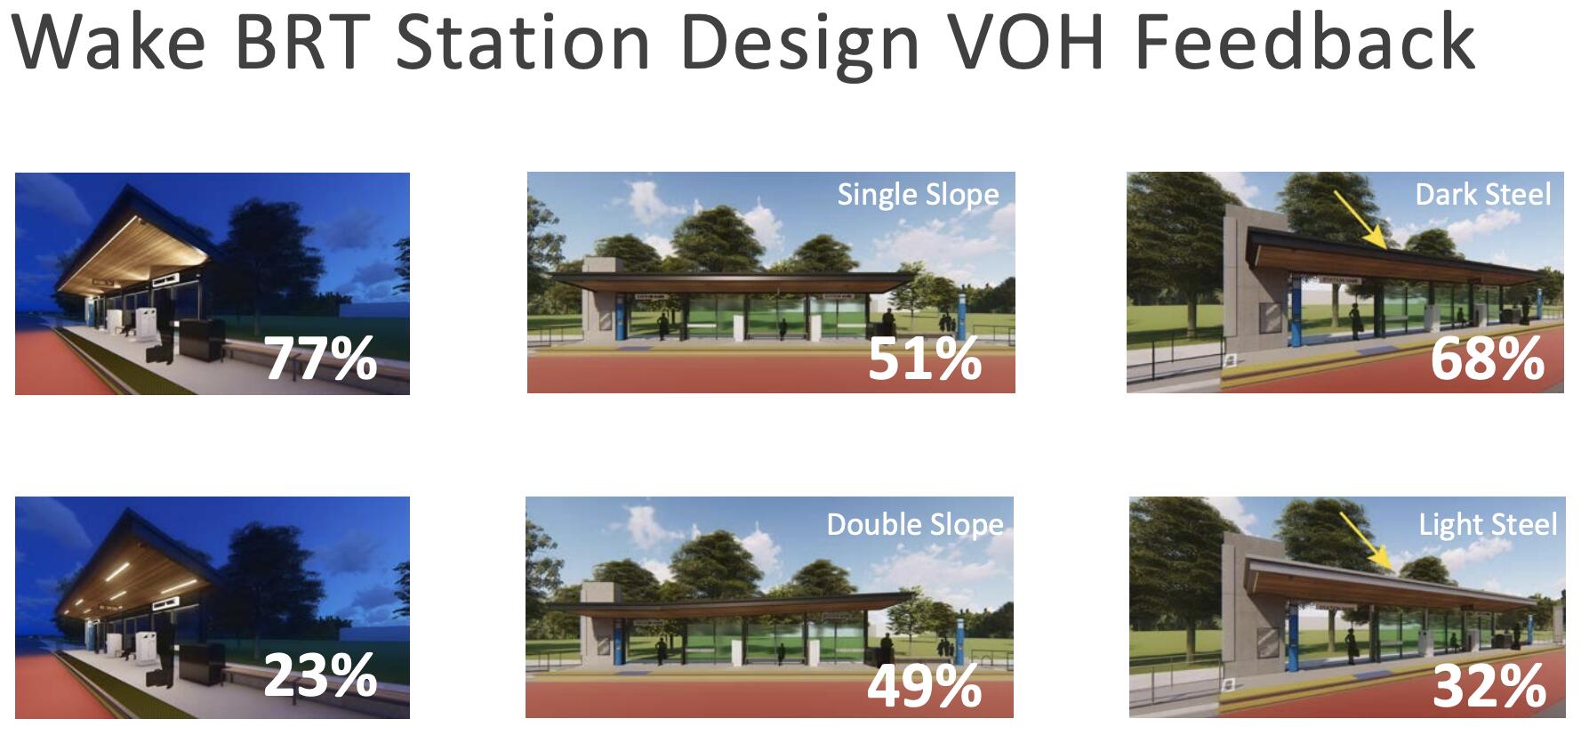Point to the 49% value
pyautogui.click(x=924, y=685)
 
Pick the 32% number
pyautogui.click(x=1489, y=685)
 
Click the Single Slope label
pyautogui.click(x=918, y=195)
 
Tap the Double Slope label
pyautogui.click(x=915, y=524)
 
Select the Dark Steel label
pyautogui.click(x=1483, y=194)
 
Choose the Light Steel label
pyautogui.click(x=1488, y=524)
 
